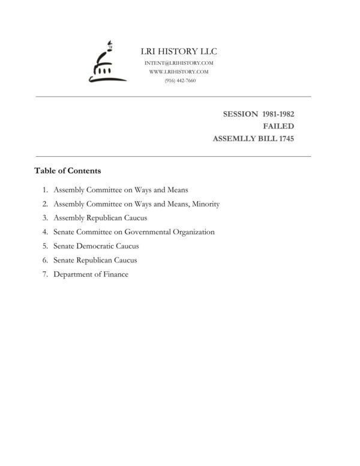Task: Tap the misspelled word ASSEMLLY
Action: tap(235, 139)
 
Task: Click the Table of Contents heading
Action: tap(67, 171)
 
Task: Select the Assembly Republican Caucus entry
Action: tap(100, 218)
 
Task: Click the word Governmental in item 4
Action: tap(152, 232)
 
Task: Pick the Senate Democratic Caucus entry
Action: tap(96, 246)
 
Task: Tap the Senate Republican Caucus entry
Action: tap(95, 260)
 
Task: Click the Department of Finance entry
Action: tap(91, 274)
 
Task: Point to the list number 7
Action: tap(45, 274)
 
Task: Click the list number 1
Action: tap(45, 190)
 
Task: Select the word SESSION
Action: tap(240, 113)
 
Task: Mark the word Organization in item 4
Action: tap(194, 232)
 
